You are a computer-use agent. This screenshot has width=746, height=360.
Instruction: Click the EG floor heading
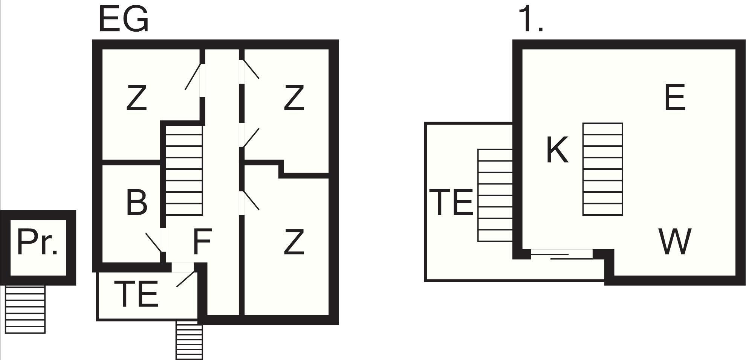coord(124,19)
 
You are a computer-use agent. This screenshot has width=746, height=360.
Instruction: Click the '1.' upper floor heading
coord(530,19)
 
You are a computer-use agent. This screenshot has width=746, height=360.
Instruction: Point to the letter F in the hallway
coord(202,241)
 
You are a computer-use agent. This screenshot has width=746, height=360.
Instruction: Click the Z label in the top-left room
coord(136,98)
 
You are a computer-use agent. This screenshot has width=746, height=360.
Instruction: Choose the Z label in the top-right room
coord(294,98)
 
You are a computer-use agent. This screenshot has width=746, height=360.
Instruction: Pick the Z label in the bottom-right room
coord(294,242)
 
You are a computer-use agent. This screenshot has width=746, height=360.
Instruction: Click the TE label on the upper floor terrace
coord(451,203)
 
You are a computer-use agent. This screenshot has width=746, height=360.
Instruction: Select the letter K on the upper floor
coord(557,150)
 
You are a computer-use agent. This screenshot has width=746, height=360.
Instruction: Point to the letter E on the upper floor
coord(675,97)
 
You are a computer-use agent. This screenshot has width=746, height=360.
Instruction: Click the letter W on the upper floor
coord(675,241)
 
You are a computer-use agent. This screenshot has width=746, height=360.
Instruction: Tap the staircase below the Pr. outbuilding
coord(25,309)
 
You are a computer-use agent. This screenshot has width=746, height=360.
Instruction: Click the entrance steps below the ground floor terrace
coord(189,340)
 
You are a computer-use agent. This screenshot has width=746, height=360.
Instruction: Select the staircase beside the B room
coord(184,170)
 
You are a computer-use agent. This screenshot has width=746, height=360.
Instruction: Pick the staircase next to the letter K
coord(603,169)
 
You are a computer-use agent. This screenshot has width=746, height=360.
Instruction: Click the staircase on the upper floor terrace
coord(495,195)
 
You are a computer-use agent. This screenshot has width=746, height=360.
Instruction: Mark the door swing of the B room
coord(154,243)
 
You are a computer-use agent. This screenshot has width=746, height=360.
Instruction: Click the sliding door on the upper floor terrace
coord(561,254)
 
